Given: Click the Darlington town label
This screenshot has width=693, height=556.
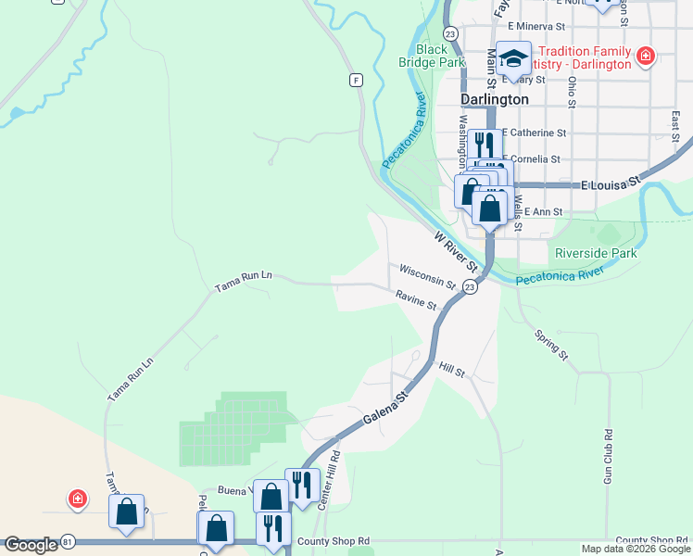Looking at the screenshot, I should [495, 99].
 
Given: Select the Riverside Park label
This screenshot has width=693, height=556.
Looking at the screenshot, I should [596, 253].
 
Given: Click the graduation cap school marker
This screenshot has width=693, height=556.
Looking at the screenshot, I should [512, 59].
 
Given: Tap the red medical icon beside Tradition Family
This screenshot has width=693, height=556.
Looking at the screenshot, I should [646, 57].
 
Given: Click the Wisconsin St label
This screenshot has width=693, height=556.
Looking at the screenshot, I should [428, 275].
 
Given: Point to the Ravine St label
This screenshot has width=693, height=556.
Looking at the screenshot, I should [415, 300].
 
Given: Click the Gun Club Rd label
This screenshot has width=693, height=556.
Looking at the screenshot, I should [609, 456].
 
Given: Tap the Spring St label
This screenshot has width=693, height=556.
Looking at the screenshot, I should [550, 343].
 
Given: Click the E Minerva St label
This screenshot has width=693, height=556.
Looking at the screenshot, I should [536, 27].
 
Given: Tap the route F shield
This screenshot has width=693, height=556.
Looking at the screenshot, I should [355, 80].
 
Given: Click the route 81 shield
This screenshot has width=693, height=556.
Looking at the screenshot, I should [68, 541].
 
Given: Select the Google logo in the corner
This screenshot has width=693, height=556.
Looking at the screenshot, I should [31, 545].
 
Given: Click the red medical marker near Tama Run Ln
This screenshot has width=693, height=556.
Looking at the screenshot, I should [78, 500].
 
